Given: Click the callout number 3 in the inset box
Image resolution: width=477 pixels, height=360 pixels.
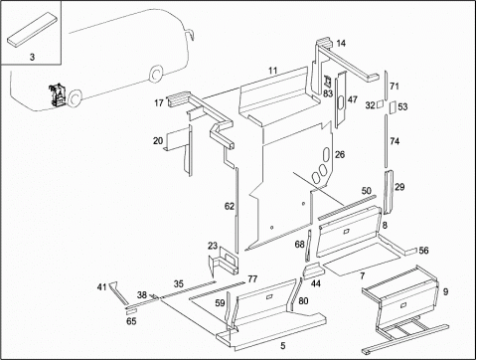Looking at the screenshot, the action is pyautogui.click(x=32, y=57).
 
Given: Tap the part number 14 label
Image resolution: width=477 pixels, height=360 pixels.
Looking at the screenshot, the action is pyautogui.click(x=341, y=44).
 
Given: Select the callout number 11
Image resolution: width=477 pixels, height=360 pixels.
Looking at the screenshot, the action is pyautogui.click(x=272, y=71).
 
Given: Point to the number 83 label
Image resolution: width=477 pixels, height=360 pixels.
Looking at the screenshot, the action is pyautogui.click(x=328, y=93).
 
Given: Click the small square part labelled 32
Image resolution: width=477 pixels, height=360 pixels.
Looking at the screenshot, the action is pyautogui.click(x=381, y=104).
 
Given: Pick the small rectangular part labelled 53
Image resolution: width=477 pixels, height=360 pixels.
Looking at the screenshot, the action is pyautogui.click(x=393, y=106).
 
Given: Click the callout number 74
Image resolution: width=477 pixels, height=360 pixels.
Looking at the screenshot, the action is pyautogui.click(x=395, y=141).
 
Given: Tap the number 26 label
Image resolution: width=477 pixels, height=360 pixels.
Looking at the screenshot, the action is pyautogui.click(x=340, y=154).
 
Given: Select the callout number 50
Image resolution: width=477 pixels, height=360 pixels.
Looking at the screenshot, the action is pyautogui.click(x=367, y=191).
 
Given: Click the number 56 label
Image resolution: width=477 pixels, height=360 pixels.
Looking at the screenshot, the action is pyautogui.click(x=423, y=251).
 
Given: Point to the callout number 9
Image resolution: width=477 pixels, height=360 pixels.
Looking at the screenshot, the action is pyautogui.click(x=446, y=291).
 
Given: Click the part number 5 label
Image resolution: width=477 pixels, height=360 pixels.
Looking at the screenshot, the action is pyautogui.click(x=282, y=346).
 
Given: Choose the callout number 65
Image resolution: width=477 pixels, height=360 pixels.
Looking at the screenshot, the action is pyautogui.click(x=131, y=321).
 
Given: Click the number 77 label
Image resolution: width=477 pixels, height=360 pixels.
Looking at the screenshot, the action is pyautogui.click(x=252, y=278).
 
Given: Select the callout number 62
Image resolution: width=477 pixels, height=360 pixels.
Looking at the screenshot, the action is pyautogui.click(x=230, y=206).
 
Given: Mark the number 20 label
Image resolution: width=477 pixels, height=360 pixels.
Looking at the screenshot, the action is pyautogui.click(x=158, y=141).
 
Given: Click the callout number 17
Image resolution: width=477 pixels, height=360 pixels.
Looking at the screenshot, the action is pyautogui.click(x=159, y=102).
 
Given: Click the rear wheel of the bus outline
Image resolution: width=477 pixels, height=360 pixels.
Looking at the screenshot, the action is pyautogui.click(x=155, y=75).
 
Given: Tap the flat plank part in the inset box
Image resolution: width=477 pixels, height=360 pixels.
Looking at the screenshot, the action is pyautogui.click(x=32, y=29).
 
